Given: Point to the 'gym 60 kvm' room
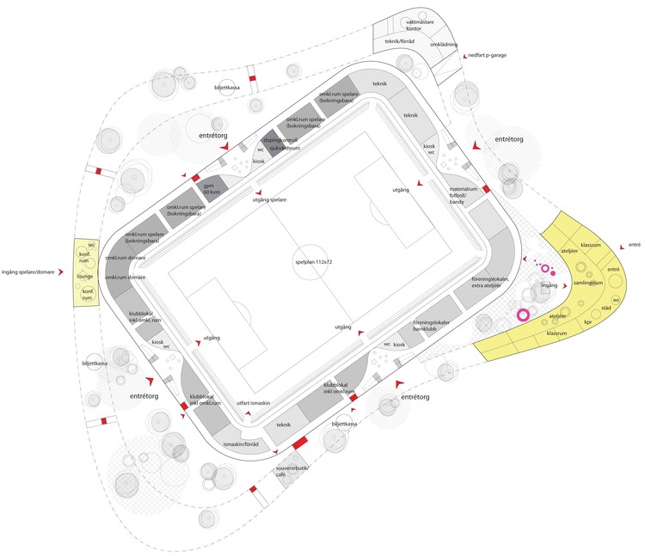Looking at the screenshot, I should tap(209, 189).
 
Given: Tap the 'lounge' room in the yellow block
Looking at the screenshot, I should tap(85, 277).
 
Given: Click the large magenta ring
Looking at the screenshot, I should tap(522, 315).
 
